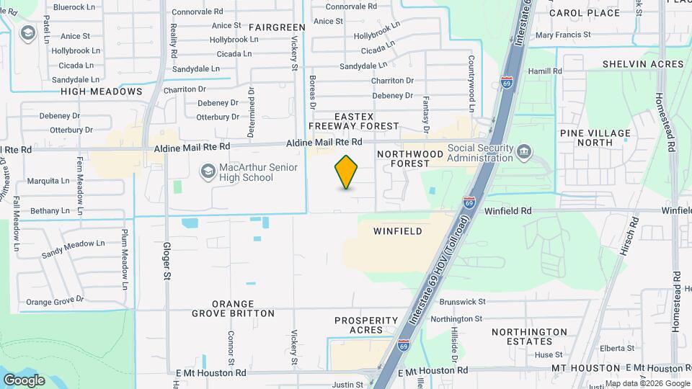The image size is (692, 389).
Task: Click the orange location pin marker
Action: [x=347, y=172]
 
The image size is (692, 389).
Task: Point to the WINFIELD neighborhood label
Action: [x=397, y=231]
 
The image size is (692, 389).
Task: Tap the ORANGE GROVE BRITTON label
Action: [x=233, y=308]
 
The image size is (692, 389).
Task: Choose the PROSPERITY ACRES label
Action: [x=366, y=325]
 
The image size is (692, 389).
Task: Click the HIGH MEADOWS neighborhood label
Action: [x=102, y=91]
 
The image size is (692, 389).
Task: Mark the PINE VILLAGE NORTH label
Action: [x=595, y=138]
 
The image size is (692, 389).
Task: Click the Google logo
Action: [x=24, y=380]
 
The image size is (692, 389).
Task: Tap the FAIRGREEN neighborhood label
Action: [x=277, y=27]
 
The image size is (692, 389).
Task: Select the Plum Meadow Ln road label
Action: [x=125, y=255]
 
